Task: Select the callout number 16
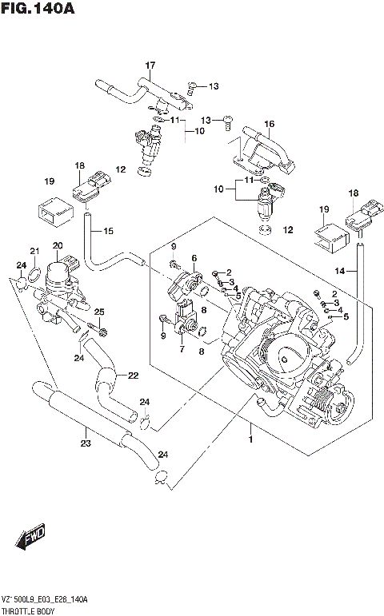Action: tap(269, 124)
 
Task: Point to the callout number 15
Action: tap(108, 231)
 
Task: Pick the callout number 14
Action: tap(341, 272)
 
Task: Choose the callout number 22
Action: tap(133, 376)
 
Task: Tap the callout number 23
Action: tap(85, 443)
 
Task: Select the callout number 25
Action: tap(99, 311)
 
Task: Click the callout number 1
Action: tap(250, 439)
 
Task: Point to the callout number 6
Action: tap(194, 257)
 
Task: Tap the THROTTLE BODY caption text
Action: tap(33, 608)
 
